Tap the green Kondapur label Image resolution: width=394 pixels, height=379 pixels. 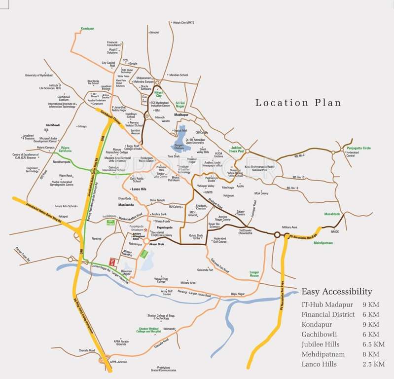pyautogui.click(x=88, y=29)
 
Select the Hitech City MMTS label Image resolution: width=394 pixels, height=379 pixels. pyautogui.click(x=183, y=22)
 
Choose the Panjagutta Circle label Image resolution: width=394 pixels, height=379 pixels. pyautogui.click(x=358, y=148)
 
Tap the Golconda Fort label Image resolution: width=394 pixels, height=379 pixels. pyautogui.click(x=205, y=270)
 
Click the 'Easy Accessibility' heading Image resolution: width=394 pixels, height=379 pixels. pyautogui.click(x=337, y=291)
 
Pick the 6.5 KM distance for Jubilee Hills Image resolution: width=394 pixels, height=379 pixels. pyautogui.click(x=373, y=344)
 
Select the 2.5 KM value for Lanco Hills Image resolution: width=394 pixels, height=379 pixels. pyautogui.click(x=373, y=364)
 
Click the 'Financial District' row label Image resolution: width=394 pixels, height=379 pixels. pyautogui.click(x=328, y=314)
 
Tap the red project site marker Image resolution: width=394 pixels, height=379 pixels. pyautogui.click(x=113, y=261)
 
